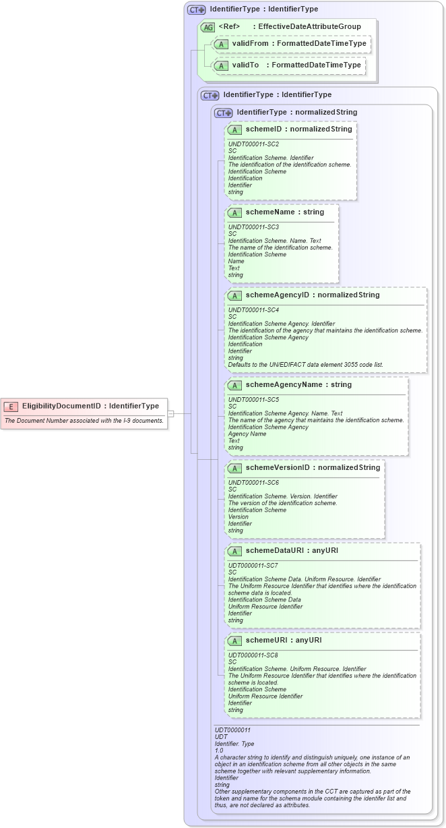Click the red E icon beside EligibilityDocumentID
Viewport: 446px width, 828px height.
pyautogui.click(x=11, y=406)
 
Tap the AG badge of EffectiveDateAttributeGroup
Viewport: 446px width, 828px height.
pyautogui.click(x=208, y=27)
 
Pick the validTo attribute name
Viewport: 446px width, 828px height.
pyautogui.click(x=246, y=65)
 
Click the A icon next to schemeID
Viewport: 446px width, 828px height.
pyautogui.click(x=234, y=129)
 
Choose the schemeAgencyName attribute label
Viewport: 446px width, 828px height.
pyautogui.click(x=284, y=384)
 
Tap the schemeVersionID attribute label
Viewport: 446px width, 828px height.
pyautogui.click(x=280, y=467)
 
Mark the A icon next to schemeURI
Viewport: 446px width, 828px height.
pyautogui.click(x=234, y=641)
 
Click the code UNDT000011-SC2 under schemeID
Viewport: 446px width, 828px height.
pyautogui.click(x=254, y=144)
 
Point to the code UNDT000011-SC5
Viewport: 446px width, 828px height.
pyautogui.click(x=254, y=399)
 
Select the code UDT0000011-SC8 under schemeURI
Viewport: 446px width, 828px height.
pyautogui.click(x=254, y=655)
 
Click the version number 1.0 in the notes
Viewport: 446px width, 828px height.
pyautogui.click(x=219, y=750)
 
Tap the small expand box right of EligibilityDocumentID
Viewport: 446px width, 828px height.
pyautogui.click(x=171, y=413)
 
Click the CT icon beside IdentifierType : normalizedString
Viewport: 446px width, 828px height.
pyautogui.click(x=224, y=113)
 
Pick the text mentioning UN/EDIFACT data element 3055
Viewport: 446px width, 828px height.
pyautogui.click(x=306, y=364)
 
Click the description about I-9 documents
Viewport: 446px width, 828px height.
pyautogui.click(x=84, y=421)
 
